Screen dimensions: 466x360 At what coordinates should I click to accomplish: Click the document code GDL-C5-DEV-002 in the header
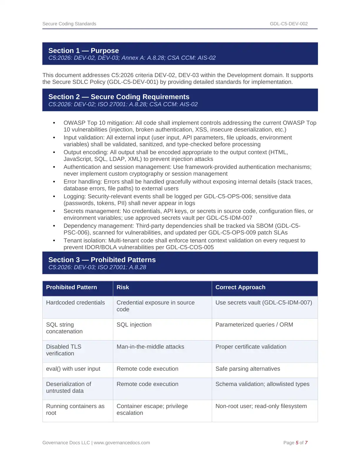coord(289,24)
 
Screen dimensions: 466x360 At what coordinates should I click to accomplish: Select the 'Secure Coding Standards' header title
coord(69,24)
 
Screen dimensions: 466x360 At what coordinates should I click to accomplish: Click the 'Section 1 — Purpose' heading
coord(84,51)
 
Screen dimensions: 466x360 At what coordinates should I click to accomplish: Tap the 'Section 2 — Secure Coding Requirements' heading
coord(119,97)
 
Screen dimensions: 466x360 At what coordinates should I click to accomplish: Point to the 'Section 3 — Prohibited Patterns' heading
coord(102,260)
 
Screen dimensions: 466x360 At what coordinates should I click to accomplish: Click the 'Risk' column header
coord(123,287)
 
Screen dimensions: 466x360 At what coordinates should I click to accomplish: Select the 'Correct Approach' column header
coord(240,287)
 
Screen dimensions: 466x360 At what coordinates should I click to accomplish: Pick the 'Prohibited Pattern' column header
coord(71,287)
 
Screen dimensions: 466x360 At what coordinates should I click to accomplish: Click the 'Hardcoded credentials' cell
coord(75,303)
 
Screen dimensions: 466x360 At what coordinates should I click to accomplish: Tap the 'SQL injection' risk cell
coord(134,325)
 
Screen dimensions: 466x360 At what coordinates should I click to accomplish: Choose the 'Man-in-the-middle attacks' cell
coord(150,347)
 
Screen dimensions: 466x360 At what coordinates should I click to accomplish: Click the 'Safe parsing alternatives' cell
coord(248,369)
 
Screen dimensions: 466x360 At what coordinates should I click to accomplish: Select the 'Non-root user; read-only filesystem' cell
coord(261,406)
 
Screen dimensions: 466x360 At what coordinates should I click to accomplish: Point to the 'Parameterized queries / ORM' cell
coord(254,325)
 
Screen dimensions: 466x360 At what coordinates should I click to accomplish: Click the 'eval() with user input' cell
coord(73,369)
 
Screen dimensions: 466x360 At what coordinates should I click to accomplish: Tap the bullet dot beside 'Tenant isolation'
coord(54,241)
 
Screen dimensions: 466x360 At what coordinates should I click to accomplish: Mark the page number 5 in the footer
coord(297,443)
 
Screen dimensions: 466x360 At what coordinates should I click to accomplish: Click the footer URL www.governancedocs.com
coord(122,443)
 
